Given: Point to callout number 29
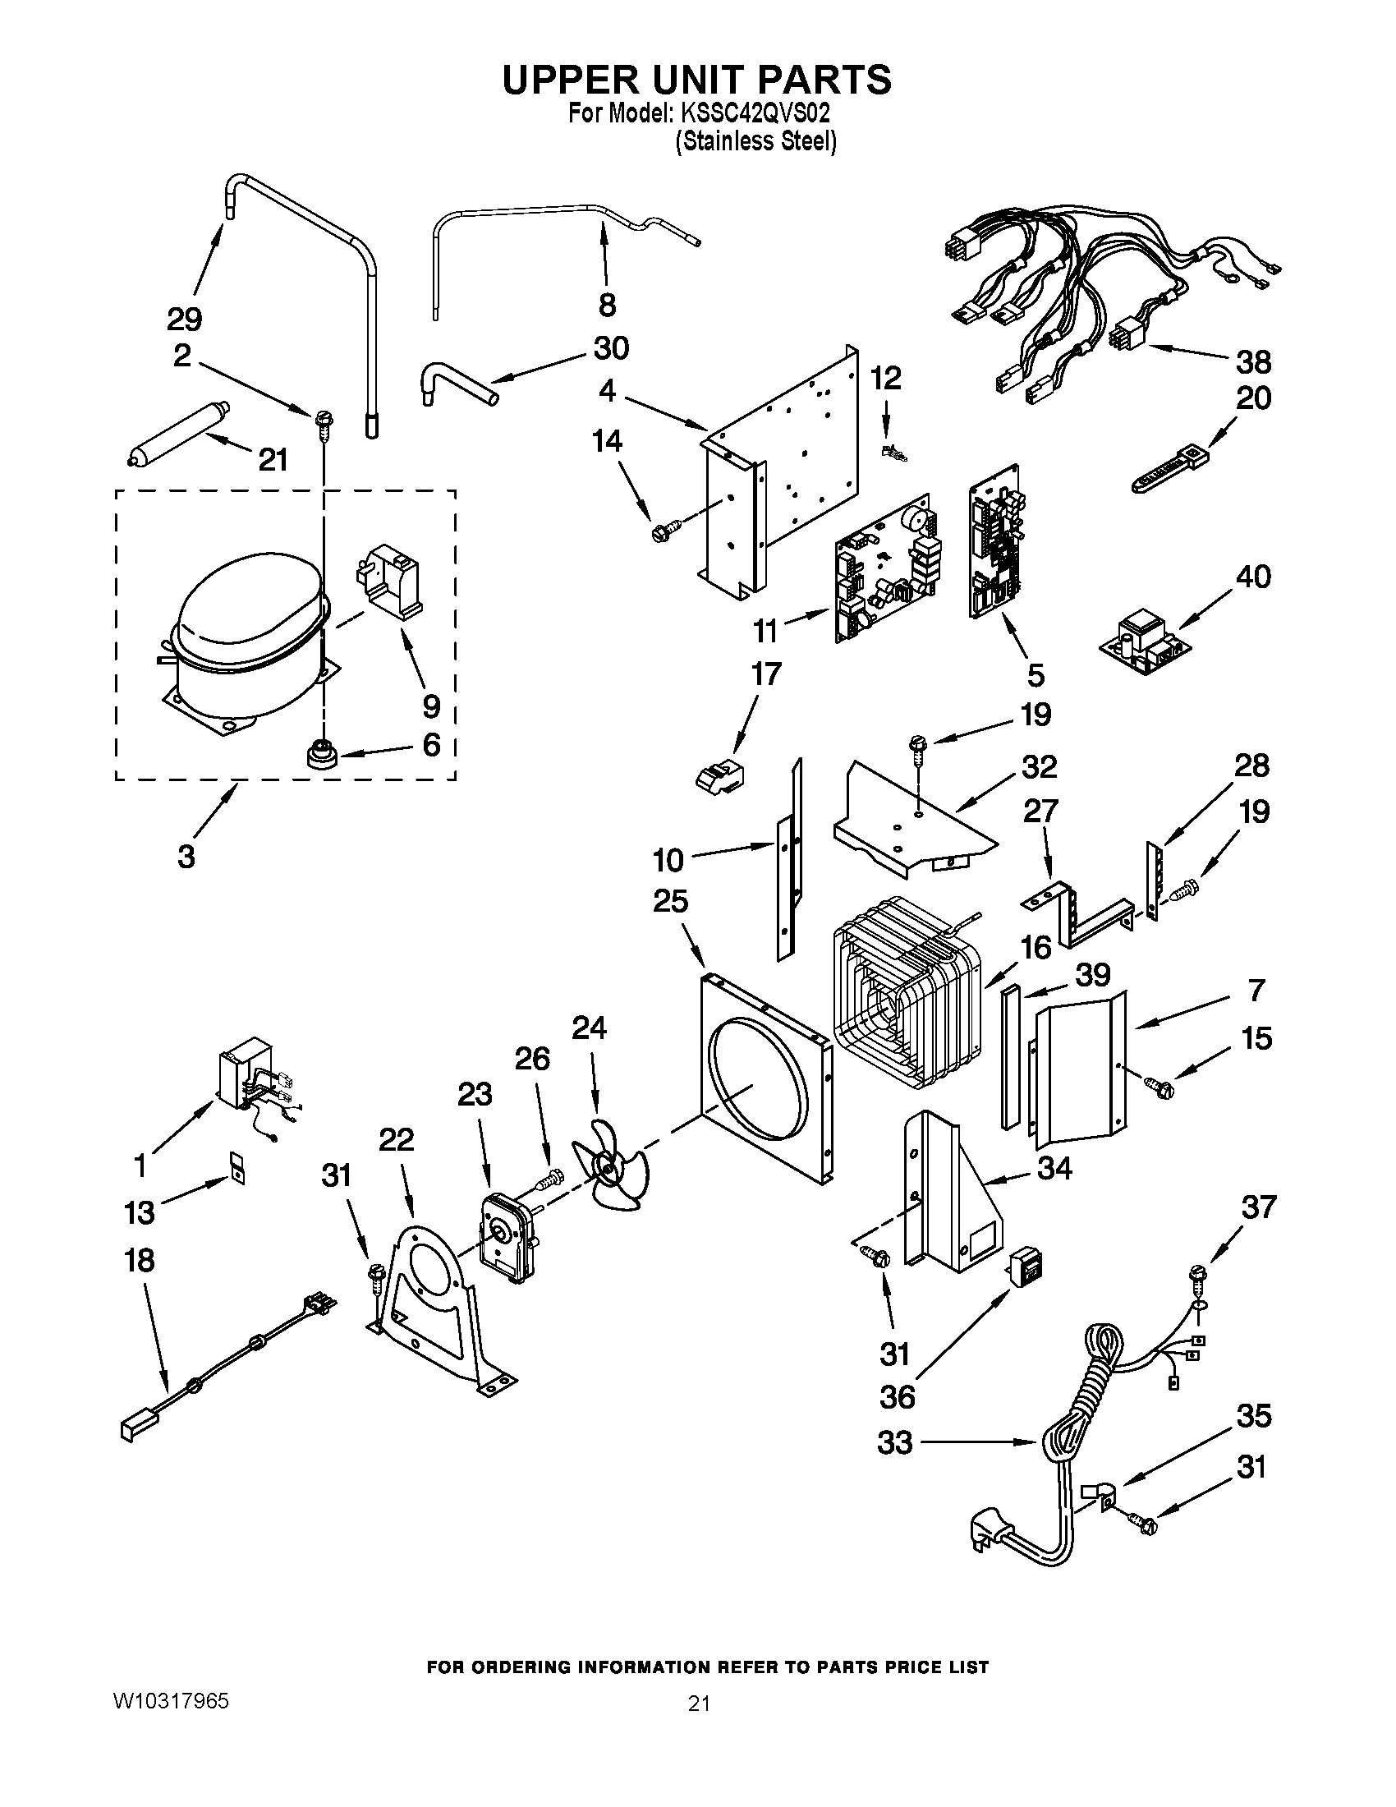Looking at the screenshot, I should pyautogui.click(x=185, y=320).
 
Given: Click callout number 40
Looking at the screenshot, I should pyautogui.click(x=1252, y=577).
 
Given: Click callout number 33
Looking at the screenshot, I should pyautogui.click(x=895, y=1443).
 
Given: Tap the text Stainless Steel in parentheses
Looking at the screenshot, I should pyautogui.click(x=755, y=142).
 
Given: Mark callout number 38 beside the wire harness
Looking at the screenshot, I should pyautogui.click(x=1253, y=362).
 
